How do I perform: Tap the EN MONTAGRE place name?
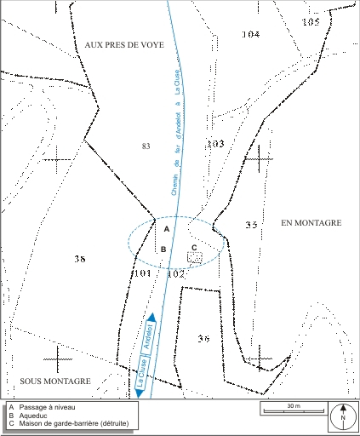coord(311,222)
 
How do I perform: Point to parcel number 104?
coord(249,35)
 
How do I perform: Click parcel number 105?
coord(311,21)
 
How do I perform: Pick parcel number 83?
coord(146,146)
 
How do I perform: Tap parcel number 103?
coord(215,144)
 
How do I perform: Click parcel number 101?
coord(141,273)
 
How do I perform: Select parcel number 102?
coord(175,274)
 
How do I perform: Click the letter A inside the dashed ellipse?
coord(166,230)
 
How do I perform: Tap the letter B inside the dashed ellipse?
coord(163,250)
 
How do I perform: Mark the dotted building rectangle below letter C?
coord(195,256)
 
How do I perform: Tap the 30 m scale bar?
coord(293,410)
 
